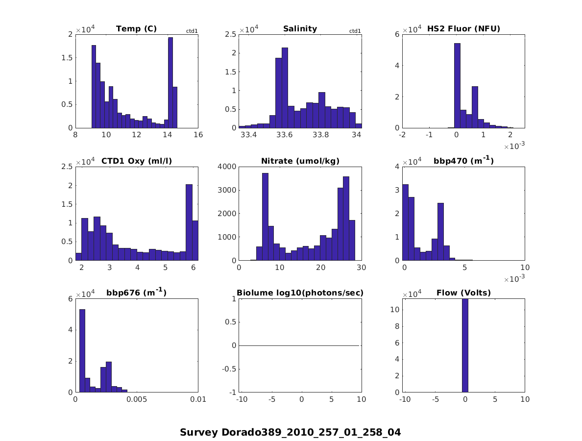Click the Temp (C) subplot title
(136, 29)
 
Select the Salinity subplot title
(300, 29)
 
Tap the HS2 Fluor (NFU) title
(463, 29)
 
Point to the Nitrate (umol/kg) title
(300, 161)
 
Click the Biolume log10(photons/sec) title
(300, 293)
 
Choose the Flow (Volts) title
(463, 293)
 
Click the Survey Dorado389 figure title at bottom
(290, 432)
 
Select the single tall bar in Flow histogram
(465, 345)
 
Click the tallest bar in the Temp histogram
(170, 83)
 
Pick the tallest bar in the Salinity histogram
(285, 88)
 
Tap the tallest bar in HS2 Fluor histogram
(457, 86)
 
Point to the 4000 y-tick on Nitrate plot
(228, 167)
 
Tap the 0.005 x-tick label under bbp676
(137, 400)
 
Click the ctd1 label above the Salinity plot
(355, 31)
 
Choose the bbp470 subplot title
(463, 161)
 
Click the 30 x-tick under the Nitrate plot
(362, 268)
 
